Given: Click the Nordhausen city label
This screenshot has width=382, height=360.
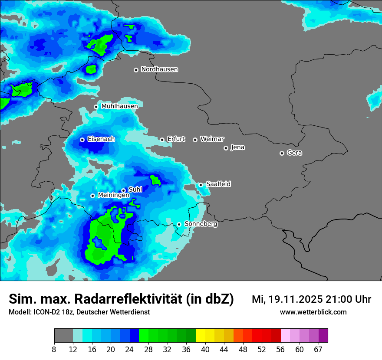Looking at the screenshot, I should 159,69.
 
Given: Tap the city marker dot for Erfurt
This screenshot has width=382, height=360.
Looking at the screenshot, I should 162,140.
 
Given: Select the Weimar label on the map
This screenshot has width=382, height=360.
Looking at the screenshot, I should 212,139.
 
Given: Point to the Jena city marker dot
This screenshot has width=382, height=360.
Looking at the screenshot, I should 226,148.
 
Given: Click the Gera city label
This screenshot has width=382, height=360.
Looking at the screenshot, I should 294,153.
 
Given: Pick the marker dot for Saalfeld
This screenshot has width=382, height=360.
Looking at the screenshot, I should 201,185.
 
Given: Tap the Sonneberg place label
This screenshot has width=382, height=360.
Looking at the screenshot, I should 201,224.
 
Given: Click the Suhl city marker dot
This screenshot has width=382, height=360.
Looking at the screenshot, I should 123,190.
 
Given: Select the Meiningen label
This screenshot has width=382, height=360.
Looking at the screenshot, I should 113,195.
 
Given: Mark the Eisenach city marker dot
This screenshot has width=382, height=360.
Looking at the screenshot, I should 82,140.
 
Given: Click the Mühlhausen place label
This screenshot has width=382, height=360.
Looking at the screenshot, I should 119,106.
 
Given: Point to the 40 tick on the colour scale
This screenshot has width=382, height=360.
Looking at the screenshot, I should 205,349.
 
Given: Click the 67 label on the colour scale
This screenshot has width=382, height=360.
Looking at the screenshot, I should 318,349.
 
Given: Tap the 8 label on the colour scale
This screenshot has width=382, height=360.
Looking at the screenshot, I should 54,349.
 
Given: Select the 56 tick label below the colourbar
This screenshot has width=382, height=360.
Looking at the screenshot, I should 280,349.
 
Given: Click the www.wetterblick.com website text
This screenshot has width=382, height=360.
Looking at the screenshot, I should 313,312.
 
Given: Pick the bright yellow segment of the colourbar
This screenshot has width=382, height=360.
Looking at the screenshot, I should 201,336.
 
